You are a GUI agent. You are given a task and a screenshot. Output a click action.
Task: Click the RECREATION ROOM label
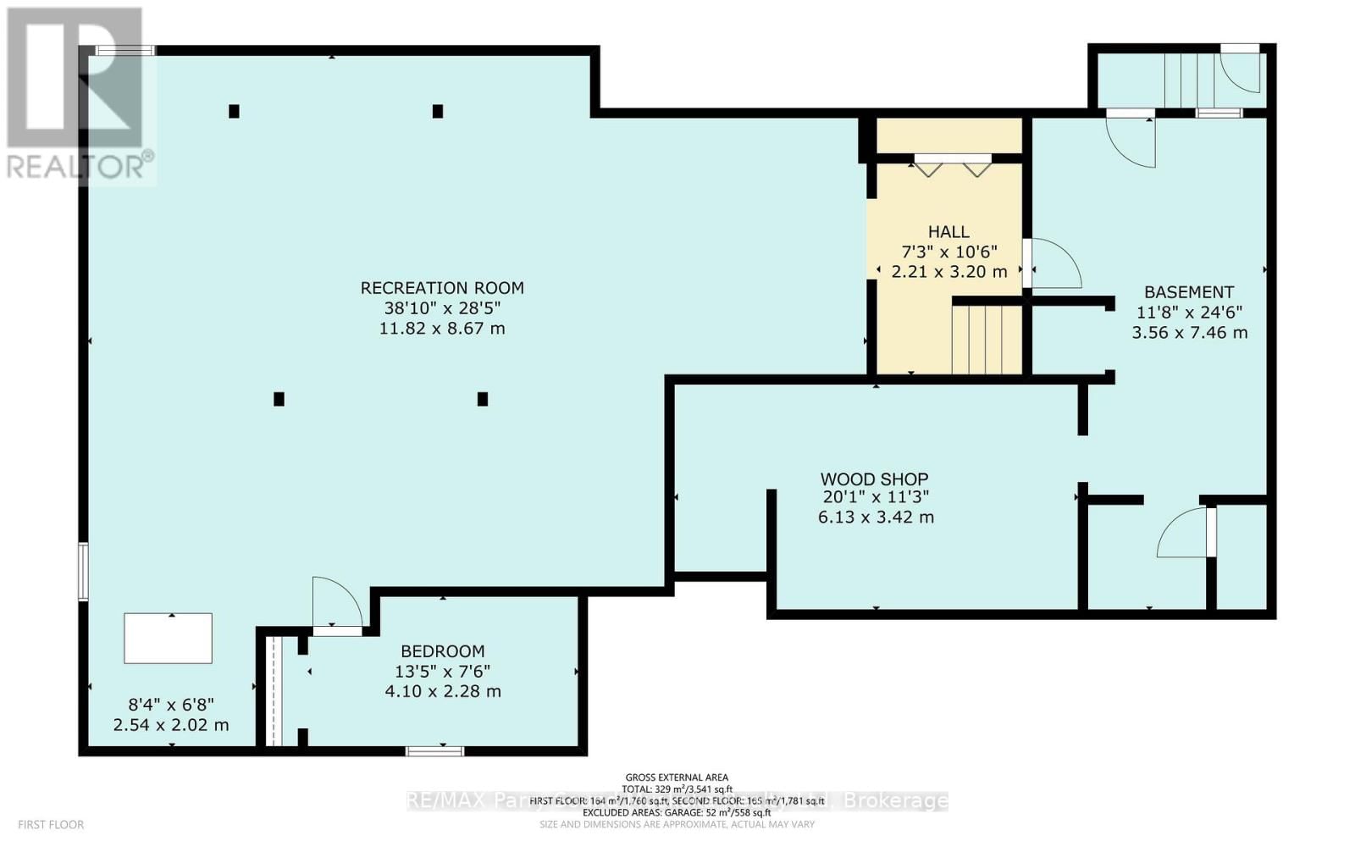click(442, 288)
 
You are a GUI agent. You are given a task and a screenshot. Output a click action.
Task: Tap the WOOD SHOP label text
click(874, 479)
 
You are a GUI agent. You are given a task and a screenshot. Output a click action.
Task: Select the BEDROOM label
click(442, 651)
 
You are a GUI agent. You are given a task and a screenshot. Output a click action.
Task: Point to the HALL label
click(948, 232)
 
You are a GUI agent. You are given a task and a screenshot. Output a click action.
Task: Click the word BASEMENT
click(1188, 292)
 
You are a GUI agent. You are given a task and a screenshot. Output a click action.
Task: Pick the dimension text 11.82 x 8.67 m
click(442, 329)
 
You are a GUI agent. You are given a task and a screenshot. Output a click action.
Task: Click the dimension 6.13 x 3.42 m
click(876, 518)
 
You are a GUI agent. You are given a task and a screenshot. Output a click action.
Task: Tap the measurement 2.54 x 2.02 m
click(171, 725)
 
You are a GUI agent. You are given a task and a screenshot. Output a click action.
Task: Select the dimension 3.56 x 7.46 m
click(1189, 333)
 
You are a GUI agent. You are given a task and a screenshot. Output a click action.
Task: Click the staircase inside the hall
click(987, 340)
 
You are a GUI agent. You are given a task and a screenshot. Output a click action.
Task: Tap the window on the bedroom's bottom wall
click(434, 750)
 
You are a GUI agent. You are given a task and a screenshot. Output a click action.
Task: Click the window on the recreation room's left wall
click(83, 572)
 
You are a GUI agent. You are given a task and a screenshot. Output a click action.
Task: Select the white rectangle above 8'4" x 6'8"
click(168, 639)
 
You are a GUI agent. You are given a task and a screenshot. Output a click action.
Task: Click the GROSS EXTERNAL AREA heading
click(676, 777)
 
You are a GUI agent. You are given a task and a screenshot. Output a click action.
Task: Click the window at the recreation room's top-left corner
click(124, 51)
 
